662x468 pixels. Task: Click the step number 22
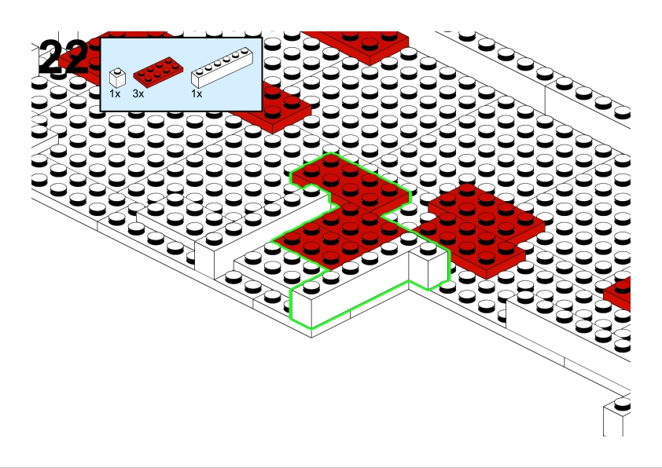pyautogui.click(x=64, y=57)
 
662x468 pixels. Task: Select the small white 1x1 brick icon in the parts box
pyautogui.click(x=117, y=78)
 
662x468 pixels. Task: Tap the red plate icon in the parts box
pyautogui.click(x=158, y=72)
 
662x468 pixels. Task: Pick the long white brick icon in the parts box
pyautogui.click(x=222, y=68)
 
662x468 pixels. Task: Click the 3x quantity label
pyautogui.click(x=138, y=94)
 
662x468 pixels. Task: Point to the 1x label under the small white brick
pyautogui.click(x=115, y=94)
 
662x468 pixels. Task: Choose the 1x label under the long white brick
pyautogui.click(x=197, y=94)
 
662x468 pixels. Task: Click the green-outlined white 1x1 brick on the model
pyautogui.click(x=428, y=265)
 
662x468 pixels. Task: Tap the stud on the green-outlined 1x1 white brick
pyautogui.click(x=428, y=248)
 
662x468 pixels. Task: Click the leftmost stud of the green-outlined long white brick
pyautogui.click(x=311, y=287)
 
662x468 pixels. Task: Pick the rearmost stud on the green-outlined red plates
pyautogui.click(x=330, y=159)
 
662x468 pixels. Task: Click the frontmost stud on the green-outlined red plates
pyautogui.click(x=330, y=258)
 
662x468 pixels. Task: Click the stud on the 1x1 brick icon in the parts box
pyautogui.click(x=117, y=71)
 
